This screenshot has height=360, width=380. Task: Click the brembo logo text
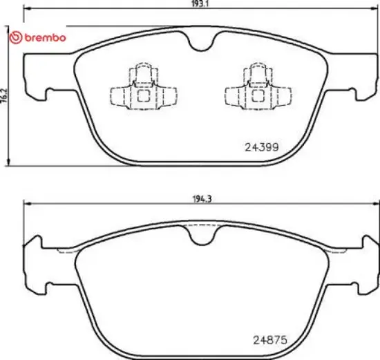45,37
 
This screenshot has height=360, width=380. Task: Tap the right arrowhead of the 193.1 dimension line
374,10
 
